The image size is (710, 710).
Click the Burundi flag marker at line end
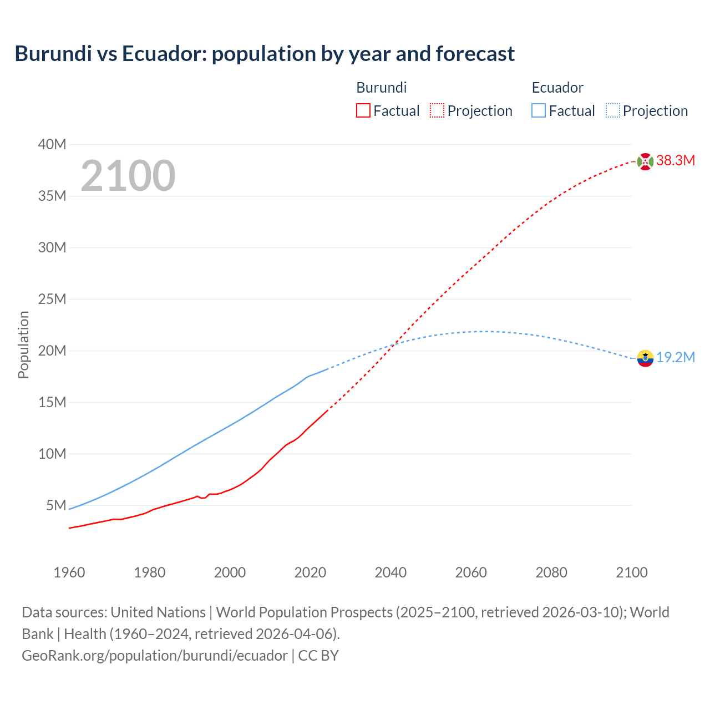(645, 161)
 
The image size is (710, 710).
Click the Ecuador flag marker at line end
(645, 358)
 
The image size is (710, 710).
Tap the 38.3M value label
(676, 161)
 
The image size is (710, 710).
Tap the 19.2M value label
(676, 357)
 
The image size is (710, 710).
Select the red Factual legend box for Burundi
(363, 111)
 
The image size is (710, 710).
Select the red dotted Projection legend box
(437, 111)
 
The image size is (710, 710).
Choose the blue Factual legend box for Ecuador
(539, 111)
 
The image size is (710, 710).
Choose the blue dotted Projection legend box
(613, 111)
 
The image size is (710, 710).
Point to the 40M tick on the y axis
(52, 145)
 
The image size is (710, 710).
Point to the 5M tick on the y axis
(56, 505)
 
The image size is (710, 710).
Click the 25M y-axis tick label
(52, 300)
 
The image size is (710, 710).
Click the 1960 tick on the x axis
(69, 572)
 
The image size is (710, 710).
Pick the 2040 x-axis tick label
(390, 572)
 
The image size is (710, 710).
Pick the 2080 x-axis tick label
(551, 572)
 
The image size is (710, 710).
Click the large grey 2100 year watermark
(128, 176)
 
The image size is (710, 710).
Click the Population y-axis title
(23, 344)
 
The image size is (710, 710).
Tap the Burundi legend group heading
(382, 88)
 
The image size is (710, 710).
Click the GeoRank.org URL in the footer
(155, 656)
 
